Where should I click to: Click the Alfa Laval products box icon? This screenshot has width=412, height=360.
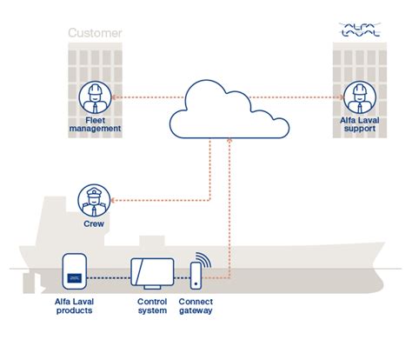point(75,272)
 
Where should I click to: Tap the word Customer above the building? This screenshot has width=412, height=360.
point(95,35)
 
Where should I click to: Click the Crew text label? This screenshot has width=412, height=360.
point(94,224)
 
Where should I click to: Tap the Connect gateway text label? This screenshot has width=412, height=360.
point(196,307)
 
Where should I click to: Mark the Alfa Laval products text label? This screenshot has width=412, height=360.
point(75,307)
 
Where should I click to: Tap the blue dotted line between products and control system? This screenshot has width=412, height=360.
point(107,279)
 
